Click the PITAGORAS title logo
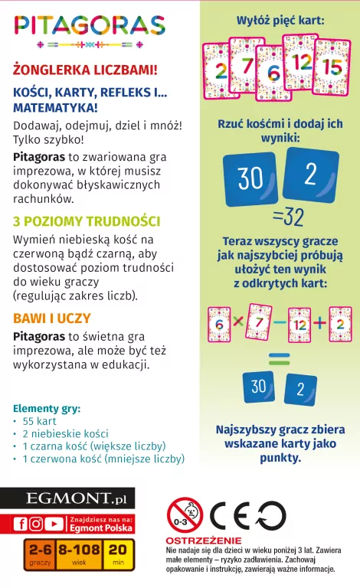coord(89,28)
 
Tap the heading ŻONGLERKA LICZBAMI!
coord(85,70)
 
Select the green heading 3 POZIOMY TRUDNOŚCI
coord(86,221)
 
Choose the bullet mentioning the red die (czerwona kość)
coord(103,459)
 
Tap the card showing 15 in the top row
coord(332,67)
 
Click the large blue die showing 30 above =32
coord(250,178)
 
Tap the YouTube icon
coord(54,524)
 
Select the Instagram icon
coord(36,524)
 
